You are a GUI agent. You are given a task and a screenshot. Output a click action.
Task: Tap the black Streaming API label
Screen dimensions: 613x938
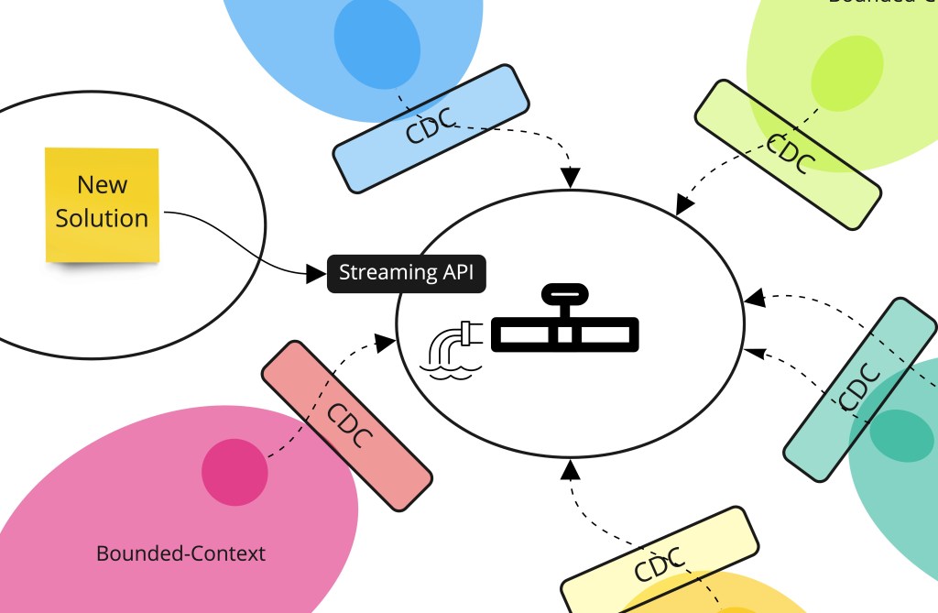click(x=406, y=272)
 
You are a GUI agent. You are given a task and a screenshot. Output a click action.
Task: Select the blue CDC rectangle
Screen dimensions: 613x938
click(x=431, y=128)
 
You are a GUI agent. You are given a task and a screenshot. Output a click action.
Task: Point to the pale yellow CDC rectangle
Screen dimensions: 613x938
click(x=660, y=561)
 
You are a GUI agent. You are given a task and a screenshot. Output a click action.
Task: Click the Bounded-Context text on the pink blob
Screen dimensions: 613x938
click(x=180, y=553)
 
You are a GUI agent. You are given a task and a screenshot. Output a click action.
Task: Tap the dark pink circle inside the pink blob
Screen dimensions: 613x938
click(x=234, y=472)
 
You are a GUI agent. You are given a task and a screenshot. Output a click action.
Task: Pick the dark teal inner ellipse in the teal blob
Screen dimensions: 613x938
click(x=902, y=435)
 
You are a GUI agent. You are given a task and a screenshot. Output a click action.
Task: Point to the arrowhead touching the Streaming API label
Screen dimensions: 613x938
click(x=319, y=272)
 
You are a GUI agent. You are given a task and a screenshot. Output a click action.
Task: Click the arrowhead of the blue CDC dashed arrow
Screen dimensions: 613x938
click(x=572, y=178)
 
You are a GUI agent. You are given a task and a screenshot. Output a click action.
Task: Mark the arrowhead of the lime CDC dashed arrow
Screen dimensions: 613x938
click(x=682, y=205)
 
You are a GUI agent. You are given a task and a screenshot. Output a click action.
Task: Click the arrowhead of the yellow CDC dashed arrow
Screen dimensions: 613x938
click(x=571, y=469)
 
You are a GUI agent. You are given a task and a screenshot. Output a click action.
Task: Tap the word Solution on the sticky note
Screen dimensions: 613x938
click(x=102, y=219)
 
